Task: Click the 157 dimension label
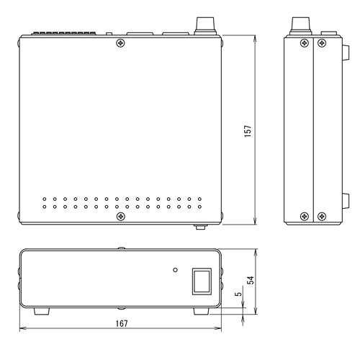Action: click(248, 131)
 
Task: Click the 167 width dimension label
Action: click(122, 323)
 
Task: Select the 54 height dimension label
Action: click(251, 280)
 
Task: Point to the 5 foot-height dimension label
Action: click(239, 294)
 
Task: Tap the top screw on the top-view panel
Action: click(120, 43)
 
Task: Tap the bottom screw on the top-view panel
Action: click(121, 217)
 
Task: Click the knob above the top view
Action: click(205, 26)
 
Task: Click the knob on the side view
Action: click(301, 26)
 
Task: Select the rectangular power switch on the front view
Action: click(202, 282)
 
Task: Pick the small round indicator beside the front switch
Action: click(176, 270)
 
